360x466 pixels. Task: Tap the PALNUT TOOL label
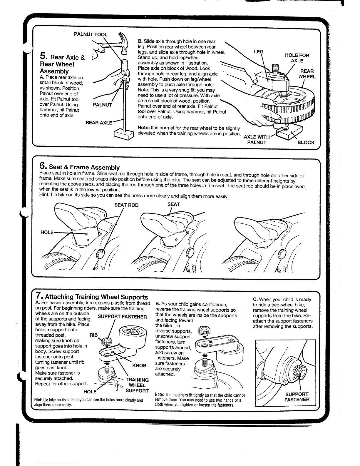91,34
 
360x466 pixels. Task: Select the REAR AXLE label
98,123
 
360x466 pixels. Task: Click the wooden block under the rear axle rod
124,134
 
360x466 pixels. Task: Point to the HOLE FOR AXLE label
297,58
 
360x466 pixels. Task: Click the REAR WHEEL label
307,74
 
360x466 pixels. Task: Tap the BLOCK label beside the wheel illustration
306,142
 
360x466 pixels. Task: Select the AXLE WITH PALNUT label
257,140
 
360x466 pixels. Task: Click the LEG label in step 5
258,52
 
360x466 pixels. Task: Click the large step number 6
43,166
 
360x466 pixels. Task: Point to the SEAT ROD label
126,205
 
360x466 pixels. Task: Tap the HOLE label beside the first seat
47,232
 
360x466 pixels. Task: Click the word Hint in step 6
44,195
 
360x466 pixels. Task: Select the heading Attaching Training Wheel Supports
96,297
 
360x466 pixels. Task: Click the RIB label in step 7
93,335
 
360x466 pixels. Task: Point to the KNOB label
139,365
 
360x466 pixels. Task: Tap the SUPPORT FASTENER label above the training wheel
122,317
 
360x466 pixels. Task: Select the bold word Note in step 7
159,395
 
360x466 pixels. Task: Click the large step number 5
43,56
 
